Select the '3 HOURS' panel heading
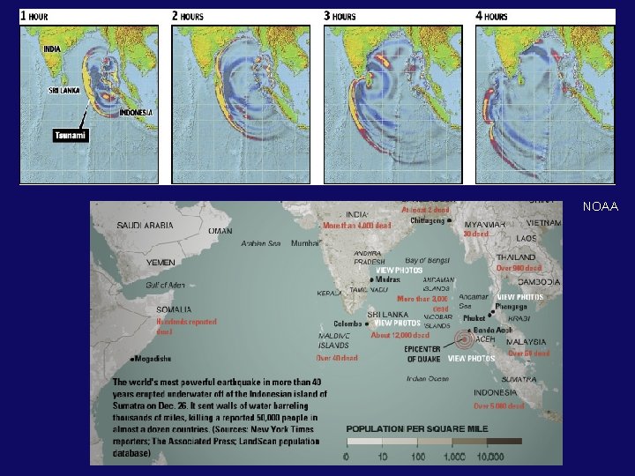tap(340, 16)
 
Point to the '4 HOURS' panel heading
tap(492, 16)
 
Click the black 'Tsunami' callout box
tap(71, 136)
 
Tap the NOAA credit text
tap(601, 208)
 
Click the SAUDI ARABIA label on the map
tap(146, 226)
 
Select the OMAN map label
tap(220, 231)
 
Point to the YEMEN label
tap(161, 262)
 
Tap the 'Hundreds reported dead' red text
tap(186, 326)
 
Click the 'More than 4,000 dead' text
tap(356, 226)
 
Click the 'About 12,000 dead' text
tap(400, 335)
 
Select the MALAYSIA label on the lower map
tap(527, 341)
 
